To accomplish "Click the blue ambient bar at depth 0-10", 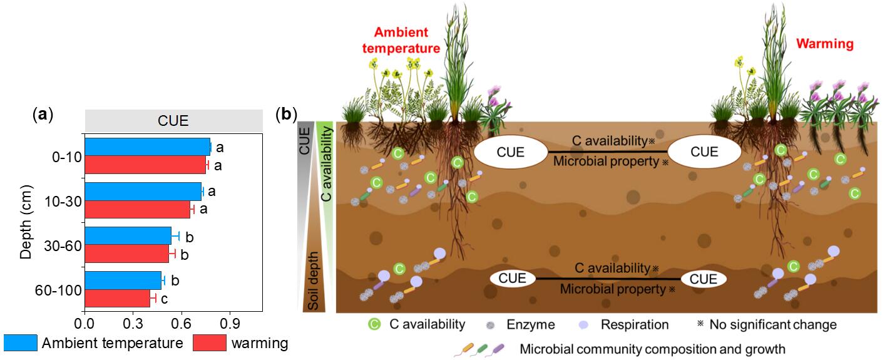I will point(147,147).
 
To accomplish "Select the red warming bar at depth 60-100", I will point(117,298).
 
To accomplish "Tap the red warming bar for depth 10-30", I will point(137,209).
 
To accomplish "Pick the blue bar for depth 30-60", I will point(128,235).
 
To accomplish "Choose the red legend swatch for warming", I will point(209,343).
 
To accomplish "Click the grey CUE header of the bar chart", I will point(173,121).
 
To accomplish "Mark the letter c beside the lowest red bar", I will point(164,299).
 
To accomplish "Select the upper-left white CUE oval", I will point(510,152).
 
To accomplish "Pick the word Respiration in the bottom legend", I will point(635,324).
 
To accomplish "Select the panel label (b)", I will point(288,114).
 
